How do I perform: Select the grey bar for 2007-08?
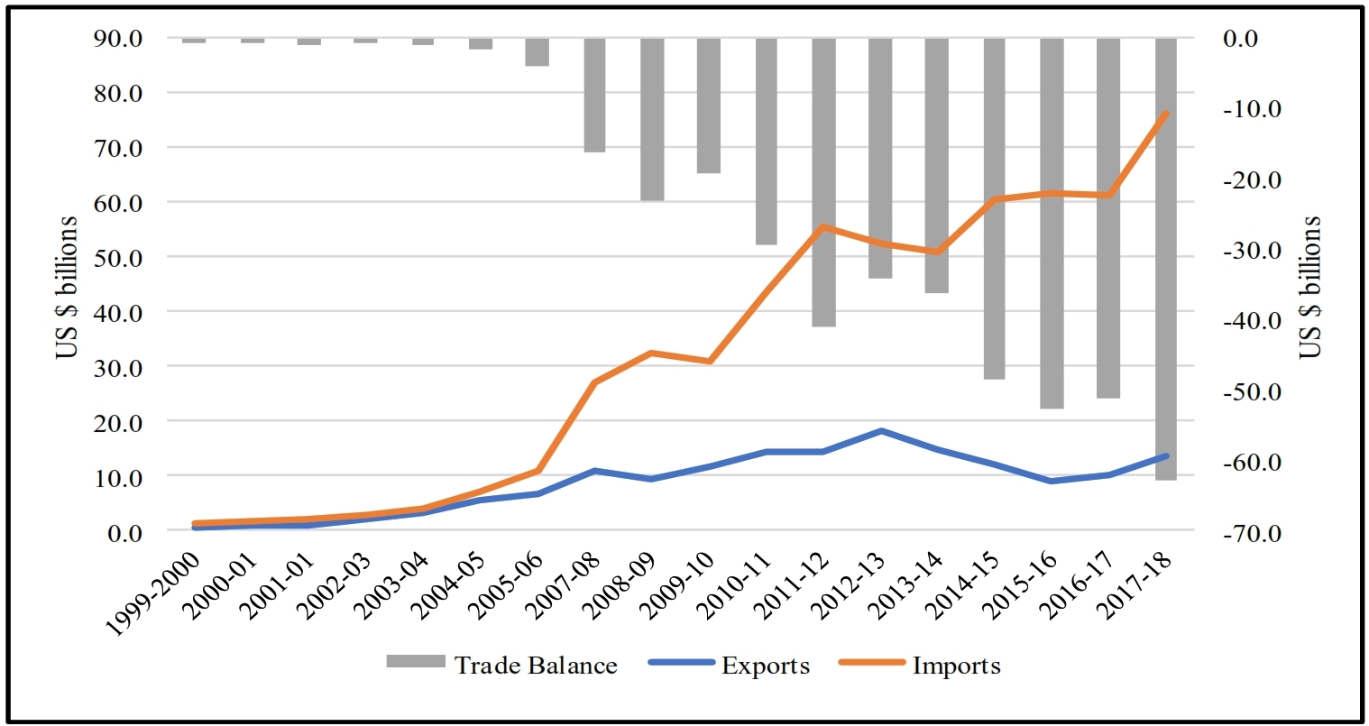click(594, 95)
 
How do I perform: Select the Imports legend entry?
click(920, 666)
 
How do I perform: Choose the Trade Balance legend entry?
click(502, 666)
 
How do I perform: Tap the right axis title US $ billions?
click(1310, 287)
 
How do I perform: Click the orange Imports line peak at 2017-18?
click(1165, 114)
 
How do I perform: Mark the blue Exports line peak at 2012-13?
click(881, 431)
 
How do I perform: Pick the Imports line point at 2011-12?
click(823, 226)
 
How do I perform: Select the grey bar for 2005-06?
click(537, 52)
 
